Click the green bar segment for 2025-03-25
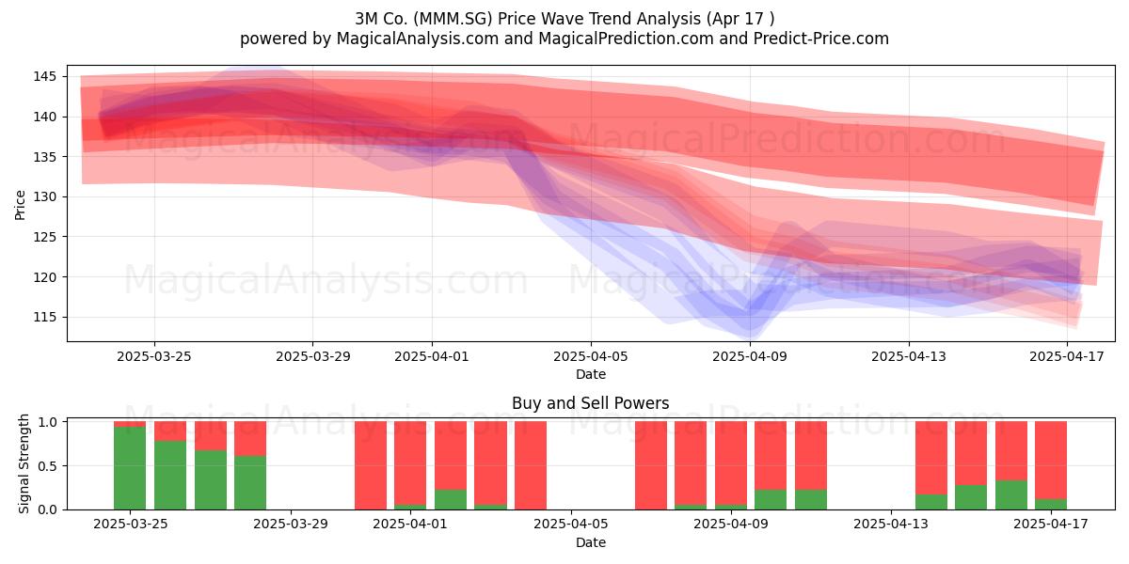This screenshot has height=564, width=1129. pos(130,468)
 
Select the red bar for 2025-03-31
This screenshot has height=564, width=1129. pos(371,465)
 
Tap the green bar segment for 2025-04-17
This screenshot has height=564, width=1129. pos(1051,504)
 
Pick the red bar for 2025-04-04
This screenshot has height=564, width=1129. pos(531,465)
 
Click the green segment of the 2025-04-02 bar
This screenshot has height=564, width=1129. pos(451,499)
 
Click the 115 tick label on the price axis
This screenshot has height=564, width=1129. pos(44,318)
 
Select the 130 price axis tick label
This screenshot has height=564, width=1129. pos(44,196)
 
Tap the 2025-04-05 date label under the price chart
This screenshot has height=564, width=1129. pos(591,356)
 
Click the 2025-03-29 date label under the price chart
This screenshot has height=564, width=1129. pos(313,356)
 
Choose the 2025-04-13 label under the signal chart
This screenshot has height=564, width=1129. pos(891,525)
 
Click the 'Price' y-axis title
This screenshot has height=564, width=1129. pos(20,205)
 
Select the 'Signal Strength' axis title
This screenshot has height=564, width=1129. pos(24,463)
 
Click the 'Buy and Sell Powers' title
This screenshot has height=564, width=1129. pos(591,403)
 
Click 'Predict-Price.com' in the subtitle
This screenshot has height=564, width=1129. pos(821,39)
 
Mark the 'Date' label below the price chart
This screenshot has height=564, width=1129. pos(591,374)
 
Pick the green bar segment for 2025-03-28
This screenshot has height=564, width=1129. pos(250,483)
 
